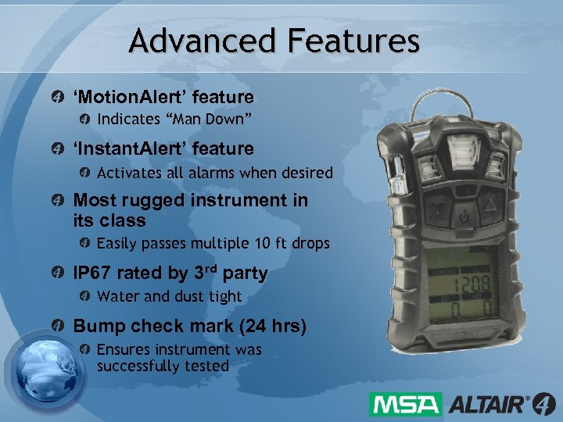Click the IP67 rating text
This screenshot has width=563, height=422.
92,274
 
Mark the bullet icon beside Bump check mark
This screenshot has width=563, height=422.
57,326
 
